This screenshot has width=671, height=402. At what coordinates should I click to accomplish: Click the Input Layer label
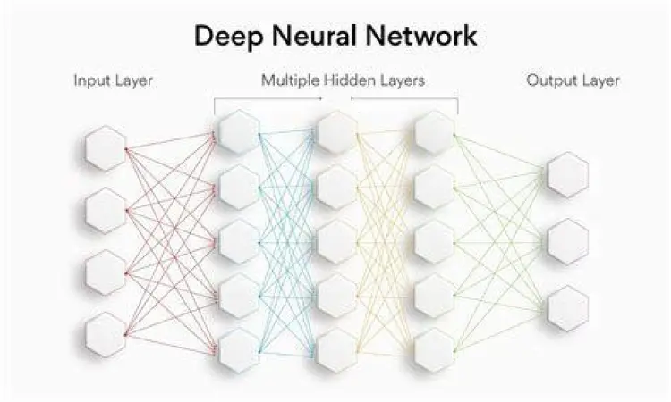point(113,80)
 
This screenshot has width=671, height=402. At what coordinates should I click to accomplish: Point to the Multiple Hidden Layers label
point(343,80)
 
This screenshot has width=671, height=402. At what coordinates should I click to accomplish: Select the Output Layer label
point(573,80)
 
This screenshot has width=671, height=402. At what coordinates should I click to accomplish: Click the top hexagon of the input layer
point(106,148)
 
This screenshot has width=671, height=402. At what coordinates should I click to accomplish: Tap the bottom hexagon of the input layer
point(106,335)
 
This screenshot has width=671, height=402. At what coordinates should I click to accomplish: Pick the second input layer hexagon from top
point(106,211)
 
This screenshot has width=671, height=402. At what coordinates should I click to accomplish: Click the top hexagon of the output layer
point(568,174)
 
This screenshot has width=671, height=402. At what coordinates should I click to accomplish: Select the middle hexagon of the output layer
point(568,241)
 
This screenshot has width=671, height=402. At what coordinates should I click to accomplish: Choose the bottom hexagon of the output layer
point(568,308)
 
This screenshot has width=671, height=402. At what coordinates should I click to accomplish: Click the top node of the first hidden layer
point(239,132)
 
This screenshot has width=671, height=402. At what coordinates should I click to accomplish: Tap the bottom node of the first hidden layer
point(239,350)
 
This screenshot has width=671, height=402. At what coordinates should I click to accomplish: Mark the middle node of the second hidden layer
point(337,241)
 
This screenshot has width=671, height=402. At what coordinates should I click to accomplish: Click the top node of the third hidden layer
point(435,132)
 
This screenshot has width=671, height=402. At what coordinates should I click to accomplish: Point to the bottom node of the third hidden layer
point(435,350)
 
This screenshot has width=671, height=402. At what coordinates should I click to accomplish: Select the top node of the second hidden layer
point(337,132)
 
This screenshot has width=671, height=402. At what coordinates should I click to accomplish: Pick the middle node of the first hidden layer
point(239,241)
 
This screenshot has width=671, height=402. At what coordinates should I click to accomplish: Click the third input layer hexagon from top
point(106,272)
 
